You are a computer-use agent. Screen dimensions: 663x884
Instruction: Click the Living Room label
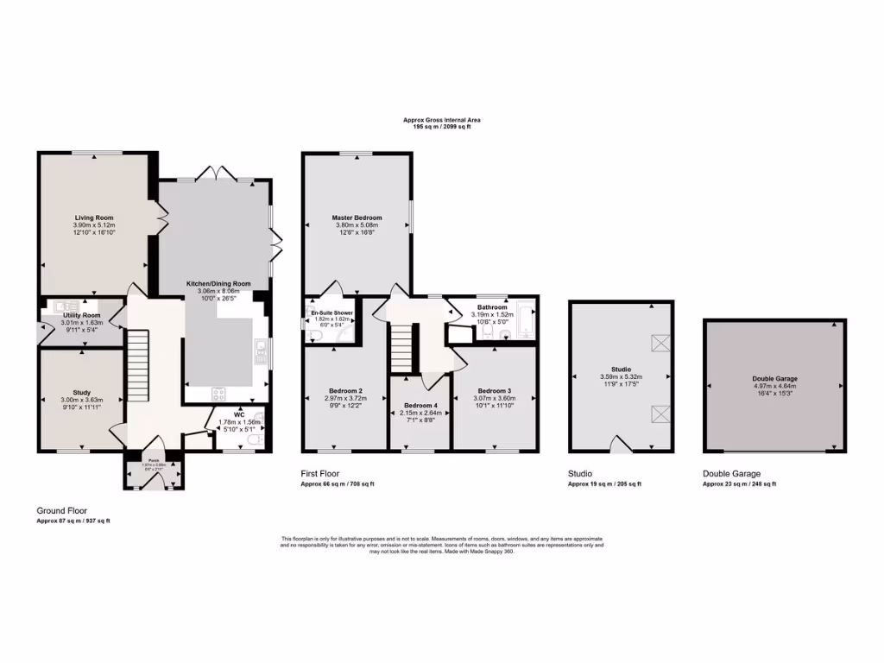click(x=93, y=218)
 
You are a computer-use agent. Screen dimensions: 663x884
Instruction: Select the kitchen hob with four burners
click(x=218, y=394)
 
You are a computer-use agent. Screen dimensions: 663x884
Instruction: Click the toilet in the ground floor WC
click(x=250, y=440)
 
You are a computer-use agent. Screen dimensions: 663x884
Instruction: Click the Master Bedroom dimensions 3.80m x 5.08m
click(x=357, y=226)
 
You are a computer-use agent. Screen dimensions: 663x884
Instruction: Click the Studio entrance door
click(x=621, y=444)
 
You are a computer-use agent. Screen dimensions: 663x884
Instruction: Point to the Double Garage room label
click(x=774, y=378)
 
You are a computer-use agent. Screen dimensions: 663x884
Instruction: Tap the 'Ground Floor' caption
click(x=61, y=510)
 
